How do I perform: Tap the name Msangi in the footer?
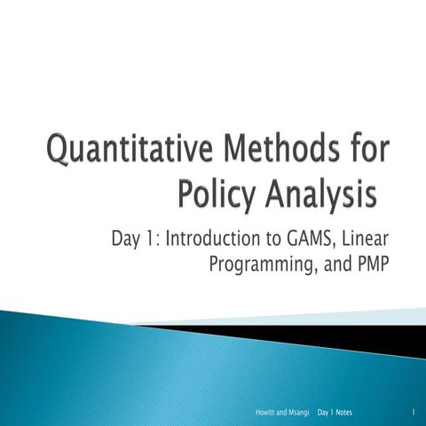pyautogui.click(x=293, y=414)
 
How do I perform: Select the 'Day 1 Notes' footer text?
pyautogui.click(x=336, y=414)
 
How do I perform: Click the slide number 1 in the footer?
pyautogui.click(x=414, y=414)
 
